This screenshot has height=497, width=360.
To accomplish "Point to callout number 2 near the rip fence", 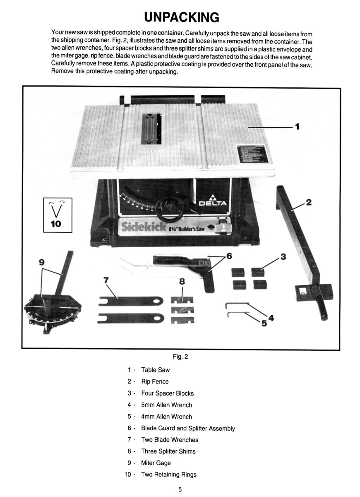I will pos(308,203).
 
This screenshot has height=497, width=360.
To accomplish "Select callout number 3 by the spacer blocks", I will pos(283,256).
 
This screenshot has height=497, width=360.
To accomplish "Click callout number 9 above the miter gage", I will pos(42,262).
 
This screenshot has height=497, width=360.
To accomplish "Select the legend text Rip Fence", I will pos(155,381).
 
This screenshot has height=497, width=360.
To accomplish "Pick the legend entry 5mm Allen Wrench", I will pos(166,405).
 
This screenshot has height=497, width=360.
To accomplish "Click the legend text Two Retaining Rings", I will pos(169,474).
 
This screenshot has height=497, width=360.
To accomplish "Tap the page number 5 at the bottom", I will pos(180,490).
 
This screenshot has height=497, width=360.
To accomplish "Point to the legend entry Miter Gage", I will pos(156,463).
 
